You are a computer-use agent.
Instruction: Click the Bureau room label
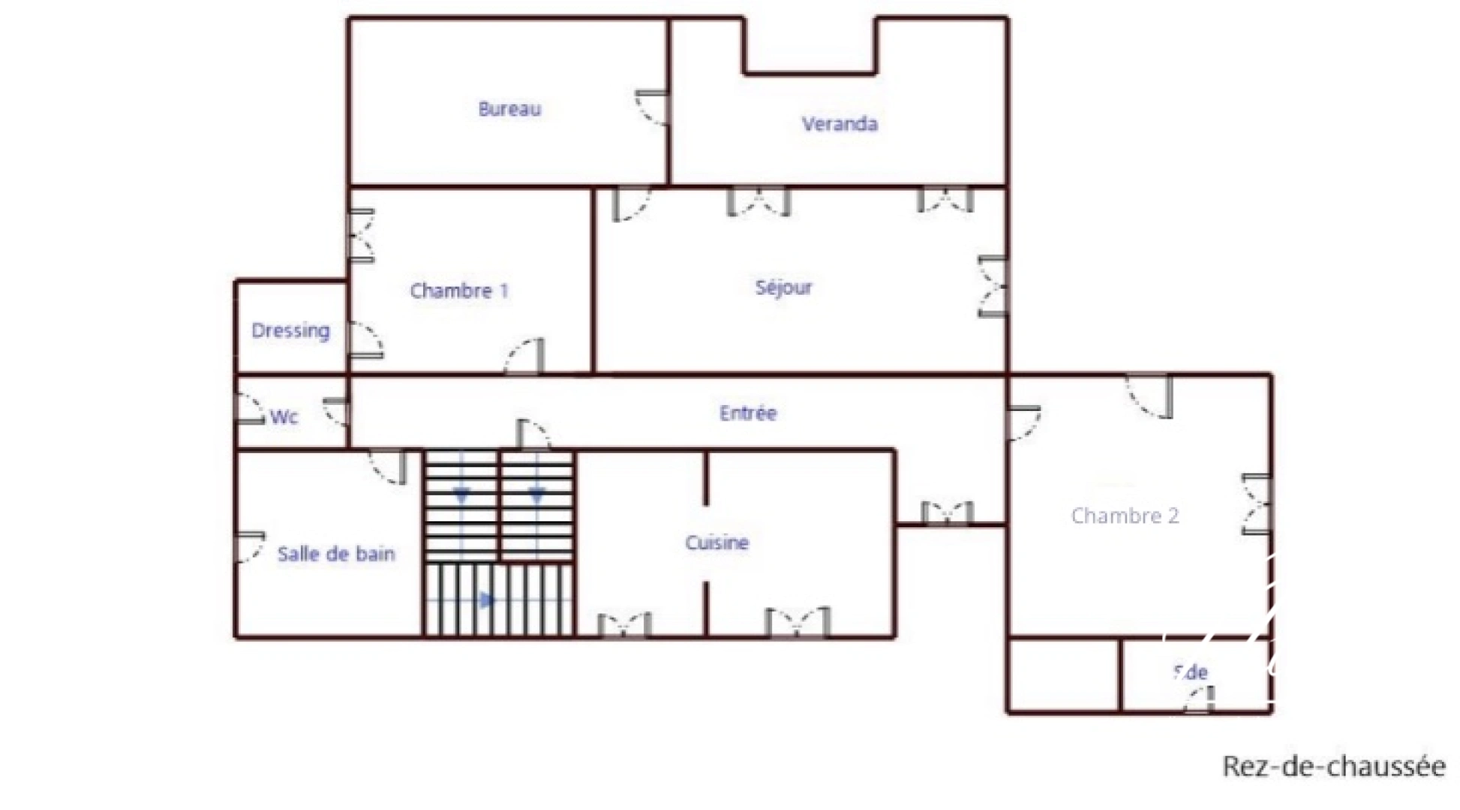coord(509,109)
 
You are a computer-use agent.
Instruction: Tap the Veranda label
coord(839,124)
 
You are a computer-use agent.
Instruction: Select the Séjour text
coord(783,288)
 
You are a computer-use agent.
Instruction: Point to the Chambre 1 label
coord(458,291)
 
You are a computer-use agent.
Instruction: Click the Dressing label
coord(290,331)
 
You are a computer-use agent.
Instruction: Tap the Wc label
coord(284,417)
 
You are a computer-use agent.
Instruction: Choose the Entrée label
coord(747,413)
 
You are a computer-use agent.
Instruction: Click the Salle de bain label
coord(335,554)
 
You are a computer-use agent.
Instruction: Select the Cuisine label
coord(716,543)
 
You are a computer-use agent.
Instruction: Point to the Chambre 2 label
coord(1125,516)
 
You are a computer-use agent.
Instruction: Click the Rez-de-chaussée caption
coord(1333,766)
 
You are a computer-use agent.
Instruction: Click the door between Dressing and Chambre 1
coord(366,340)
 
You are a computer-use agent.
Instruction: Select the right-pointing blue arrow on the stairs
coord(487,600)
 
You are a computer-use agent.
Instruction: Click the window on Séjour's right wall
coord(993,286)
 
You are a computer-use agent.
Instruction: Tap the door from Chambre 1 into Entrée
coord(526,356)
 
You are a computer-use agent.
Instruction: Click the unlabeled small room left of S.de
coord(1063,675)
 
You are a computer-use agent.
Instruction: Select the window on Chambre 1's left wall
coord(362,236)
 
